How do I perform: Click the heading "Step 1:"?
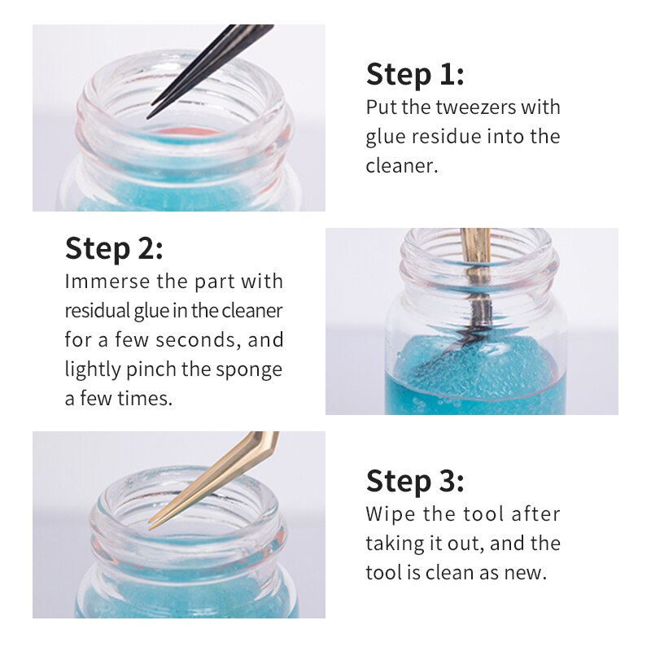pos(415,75)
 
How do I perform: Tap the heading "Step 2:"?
pos(114,249)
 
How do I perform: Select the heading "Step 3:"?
pos(415,481)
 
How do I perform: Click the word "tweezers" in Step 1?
pos(475,107)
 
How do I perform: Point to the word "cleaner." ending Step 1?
pos(401,166)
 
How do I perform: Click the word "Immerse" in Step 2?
pos(107,282)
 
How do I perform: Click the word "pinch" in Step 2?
pos(151,369)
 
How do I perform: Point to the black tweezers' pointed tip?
pos(148,118)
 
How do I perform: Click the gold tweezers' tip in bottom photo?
pos(150,528)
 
